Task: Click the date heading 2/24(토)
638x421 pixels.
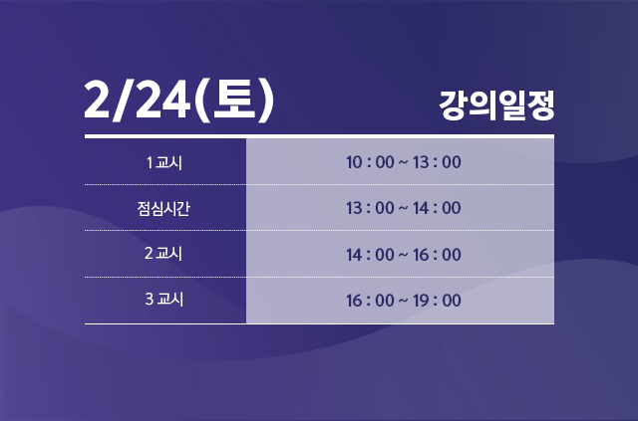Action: coord(179,102)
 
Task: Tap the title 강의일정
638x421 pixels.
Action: coord(496,105)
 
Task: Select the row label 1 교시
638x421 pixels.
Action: coord(164,162)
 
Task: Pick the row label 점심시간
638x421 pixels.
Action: coord(164,208)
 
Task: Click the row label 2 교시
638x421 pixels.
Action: coord(164,254)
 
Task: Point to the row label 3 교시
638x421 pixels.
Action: coord(164,300)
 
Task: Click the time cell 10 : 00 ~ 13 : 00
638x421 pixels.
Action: coord(403,162)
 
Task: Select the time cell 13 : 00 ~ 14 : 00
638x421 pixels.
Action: coord(403,208)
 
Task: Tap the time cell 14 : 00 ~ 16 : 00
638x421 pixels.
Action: coord(403,254)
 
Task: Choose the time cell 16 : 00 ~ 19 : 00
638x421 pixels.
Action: coord(403,300)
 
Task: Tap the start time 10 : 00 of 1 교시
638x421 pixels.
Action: coord(370,162)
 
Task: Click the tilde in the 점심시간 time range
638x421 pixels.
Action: coord(403,208)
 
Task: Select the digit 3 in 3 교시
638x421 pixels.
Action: coord(149,300)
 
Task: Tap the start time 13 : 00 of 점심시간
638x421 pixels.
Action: coord(370,208)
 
